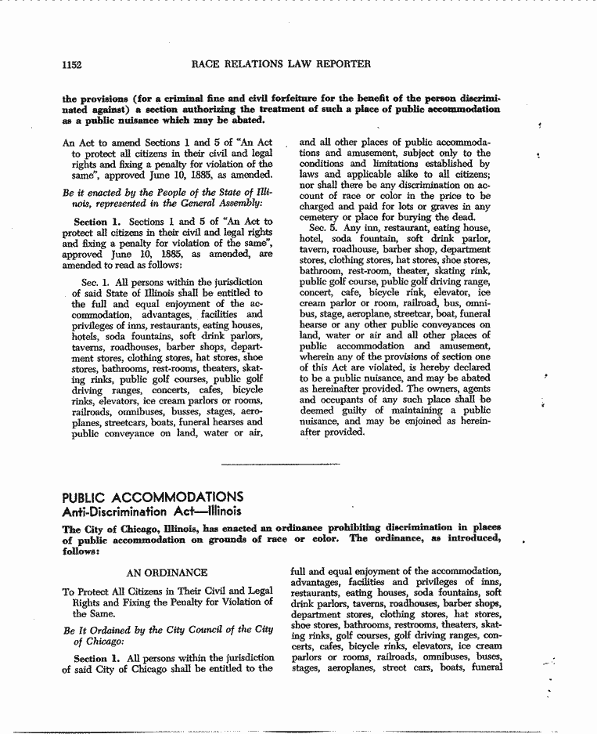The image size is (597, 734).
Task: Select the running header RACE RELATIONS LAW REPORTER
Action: click(280, 63)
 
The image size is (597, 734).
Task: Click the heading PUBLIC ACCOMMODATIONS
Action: click(153, 497)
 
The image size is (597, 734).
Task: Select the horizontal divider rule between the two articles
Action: click(281, 465)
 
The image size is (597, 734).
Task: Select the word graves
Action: click(448, 207)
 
